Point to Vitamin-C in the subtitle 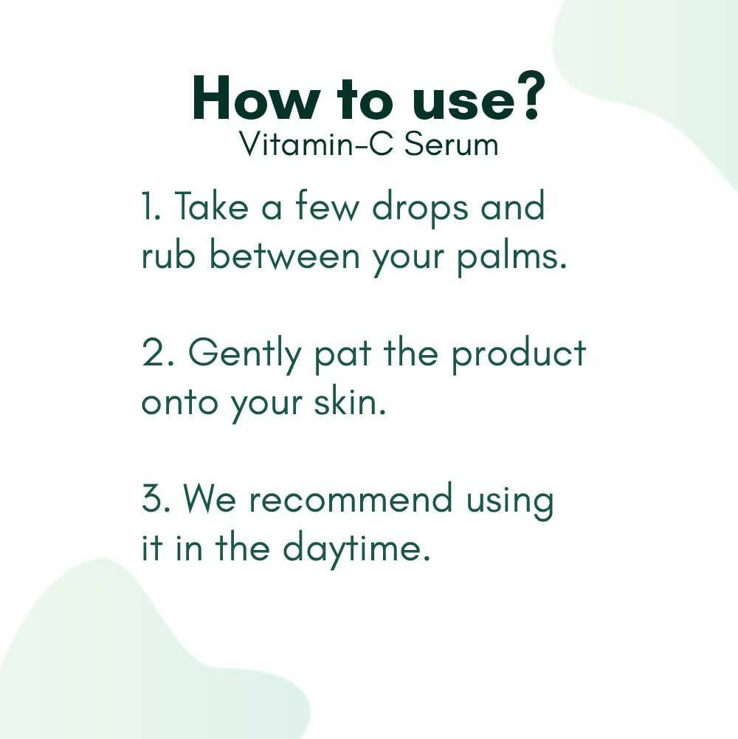tap(313, 144)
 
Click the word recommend tap(350, 500)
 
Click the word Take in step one tap(211, 207)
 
